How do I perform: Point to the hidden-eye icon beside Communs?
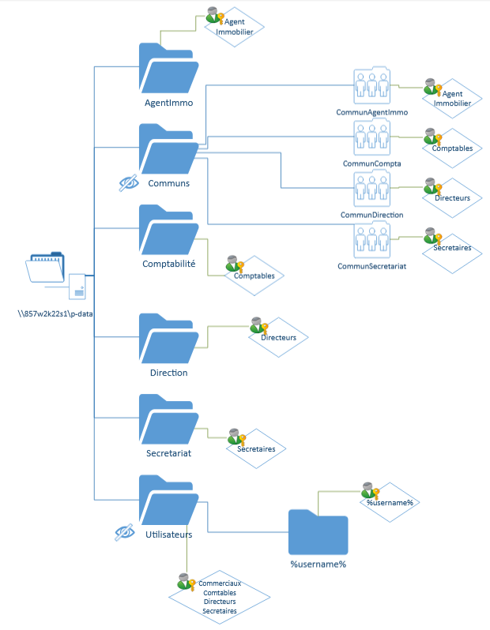click(x=127, y=183)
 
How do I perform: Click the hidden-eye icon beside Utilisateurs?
click(x=124, y=534)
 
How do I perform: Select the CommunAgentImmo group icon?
click(x=371, y=86)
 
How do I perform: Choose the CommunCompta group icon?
click(x=371, y=137)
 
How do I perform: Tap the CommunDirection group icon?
click(x=371, y=189)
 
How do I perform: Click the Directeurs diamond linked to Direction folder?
click(x=277, y=337)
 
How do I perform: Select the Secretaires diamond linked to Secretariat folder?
click(x=255, y=448)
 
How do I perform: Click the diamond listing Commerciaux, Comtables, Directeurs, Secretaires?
click(x=219, y=597)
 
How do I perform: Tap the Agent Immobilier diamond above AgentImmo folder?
click(x=234, y=27)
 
